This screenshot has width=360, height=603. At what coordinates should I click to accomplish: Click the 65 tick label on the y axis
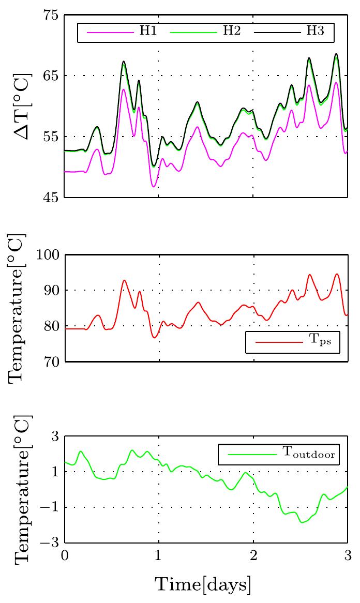[x=50, y=76]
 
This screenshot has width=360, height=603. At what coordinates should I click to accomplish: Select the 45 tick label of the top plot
[x=50, y=198]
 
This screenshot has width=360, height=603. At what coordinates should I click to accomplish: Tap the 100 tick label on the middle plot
[x=47, y=255]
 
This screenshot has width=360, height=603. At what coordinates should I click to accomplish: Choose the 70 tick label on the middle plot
[x=50, y=362]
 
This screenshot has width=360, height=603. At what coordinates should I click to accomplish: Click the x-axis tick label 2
[x=253, y=556]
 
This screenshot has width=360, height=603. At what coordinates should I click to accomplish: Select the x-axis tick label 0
[x=65, y=556]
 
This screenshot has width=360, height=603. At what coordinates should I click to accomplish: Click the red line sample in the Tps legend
[x=279, y=343]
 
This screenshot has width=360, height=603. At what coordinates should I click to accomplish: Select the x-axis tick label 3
[x=348, y=556]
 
